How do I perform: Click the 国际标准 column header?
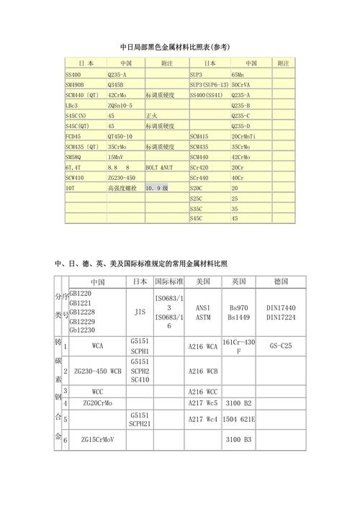click(168, 281)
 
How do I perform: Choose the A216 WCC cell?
click(202, 391)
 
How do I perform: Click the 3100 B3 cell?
click(238, 439)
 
